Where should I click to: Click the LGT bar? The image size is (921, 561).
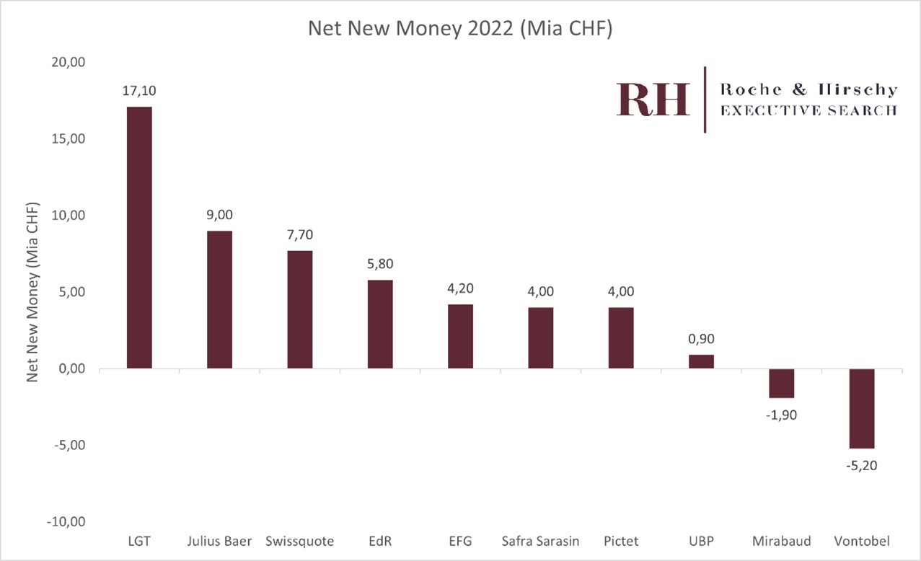pyautogui.click(x=139, y=238)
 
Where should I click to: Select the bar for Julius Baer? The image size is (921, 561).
pyautogui.click(x=219, y=300)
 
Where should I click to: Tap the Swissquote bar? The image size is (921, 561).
pyautogui.click(x=300, y=310)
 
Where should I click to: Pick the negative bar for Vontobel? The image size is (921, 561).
pyautogui.click(x=862, y=408)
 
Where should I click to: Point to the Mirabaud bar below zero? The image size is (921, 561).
pyautogui.click(x=781, y=383)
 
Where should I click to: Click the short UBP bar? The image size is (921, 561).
pyautogui.click(x=701, y=361)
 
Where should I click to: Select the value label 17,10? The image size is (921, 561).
pyautogui.click(x=139, y=91)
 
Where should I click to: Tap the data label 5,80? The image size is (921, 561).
pyautogui.click(x=380, y=264)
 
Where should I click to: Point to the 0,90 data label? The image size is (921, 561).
pyautogui.click(x=701, y=339)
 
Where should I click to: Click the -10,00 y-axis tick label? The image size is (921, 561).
pyautogui.click(x=67, y=522)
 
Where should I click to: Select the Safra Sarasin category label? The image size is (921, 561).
pyautogui.click(x=540, y=541)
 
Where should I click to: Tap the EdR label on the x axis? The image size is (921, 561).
pyautogui.click(x=380, y=541)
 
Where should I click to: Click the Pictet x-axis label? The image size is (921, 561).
pyautogui.click(x=620, y=541)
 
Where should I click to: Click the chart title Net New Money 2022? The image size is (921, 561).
pyautogui.click(x=460, y=29)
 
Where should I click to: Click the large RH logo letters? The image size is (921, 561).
pyautogui.click(x=653, y=100)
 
